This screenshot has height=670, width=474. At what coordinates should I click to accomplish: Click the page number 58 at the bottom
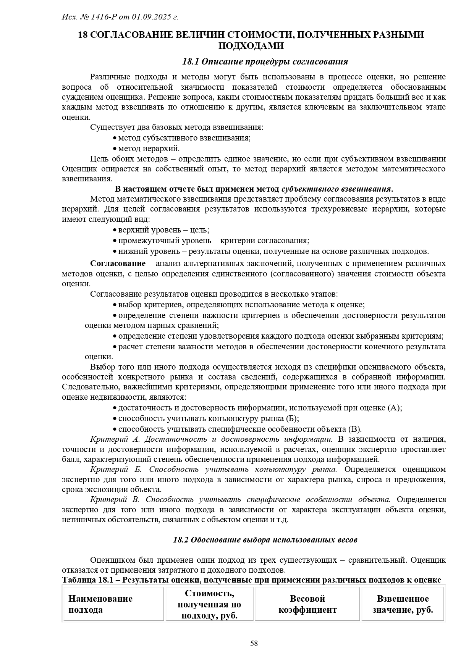tap(254, 644)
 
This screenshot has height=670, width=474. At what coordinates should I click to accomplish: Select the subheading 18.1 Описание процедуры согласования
tap(265, 61)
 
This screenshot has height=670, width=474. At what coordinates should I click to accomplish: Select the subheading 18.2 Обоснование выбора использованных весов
tap(265, 540)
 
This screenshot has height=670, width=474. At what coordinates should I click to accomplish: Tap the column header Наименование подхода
tap(100, 604)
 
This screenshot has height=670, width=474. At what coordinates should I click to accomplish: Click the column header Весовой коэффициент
tap(307, 604)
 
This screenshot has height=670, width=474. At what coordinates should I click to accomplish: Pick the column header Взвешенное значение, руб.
tap(403, 604)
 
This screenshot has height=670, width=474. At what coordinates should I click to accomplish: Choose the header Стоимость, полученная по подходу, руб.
tap(209, 604)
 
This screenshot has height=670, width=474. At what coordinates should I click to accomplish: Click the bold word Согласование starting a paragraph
tap(118, 263)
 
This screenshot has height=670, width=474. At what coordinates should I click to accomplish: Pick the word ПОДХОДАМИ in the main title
tap(251, 46)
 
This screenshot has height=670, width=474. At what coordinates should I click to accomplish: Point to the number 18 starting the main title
tap(83, 35)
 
